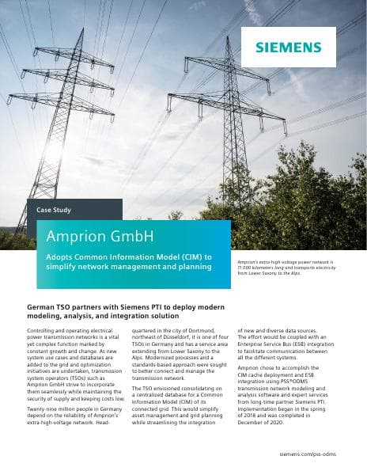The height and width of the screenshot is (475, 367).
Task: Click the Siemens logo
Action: (289, 47)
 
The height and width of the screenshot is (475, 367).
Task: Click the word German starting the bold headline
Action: (45, 306)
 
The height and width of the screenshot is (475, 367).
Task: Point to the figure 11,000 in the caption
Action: (248, 267)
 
